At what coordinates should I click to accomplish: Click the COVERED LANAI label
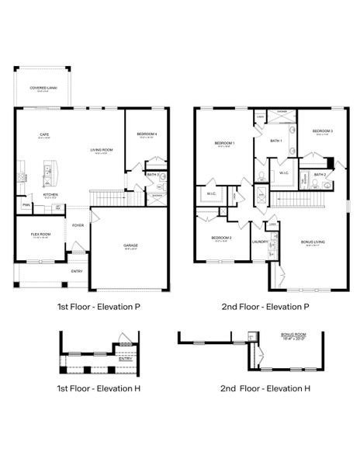pyautogui.click(x=43, y=89)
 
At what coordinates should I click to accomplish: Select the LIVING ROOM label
pyautogui.click(x=102, y=151)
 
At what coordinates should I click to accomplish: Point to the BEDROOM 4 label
pyautogui.click(x=147, y=134)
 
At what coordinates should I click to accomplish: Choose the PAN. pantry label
pyautogui.click(x=26, y=205)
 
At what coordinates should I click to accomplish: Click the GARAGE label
pyautogui.click(x=130, y=245)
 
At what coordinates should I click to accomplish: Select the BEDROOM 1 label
pyautogui.click(x=225, y=143)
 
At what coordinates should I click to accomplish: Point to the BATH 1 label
pyautogui.click(x=275, y=141)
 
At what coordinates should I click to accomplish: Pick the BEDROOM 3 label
pyautogui.click(x=323, y=131)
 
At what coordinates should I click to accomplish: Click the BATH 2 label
pyautogui.click(x=320, y=175)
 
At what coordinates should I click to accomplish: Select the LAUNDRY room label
pyautogui.click(x=260, y=242)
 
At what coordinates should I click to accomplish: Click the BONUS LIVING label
pyautogui.click(x=313, y=242)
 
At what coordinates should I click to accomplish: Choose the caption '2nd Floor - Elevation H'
pyautogui.click(x=265, y=388)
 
